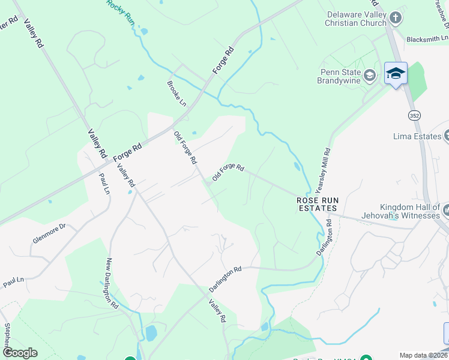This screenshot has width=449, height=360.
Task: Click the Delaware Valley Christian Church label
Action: coord(356,19)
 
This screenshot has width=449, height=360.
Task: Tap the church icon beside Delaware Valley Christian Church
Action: coord(394,18)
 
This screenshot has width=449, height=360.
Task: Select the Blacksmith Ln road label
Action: coord(427,39)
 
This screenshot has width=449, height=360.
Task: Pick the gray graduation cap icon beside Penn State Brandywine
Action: coord(370,76)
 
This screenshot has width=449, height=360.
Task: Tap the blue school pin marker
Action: coord(396,74)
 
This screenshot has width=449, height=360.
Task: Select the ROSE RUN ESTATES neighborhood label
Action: coord(317,204)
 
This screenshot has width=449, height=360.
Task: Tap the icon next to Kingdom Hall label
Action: coord(447,210)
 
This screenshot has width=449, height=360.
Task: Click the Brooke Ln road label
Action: coord(176,93)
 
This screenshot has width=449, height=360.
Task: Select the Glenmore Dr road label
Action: coord(49,233)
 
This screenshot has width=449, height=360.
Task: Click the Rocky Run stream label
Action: coord(121,11)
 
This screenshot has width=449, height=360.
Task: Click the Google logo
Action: coord(20,353)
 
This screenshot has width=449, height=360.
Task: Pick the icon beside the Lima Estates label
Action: coord(446,136)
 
